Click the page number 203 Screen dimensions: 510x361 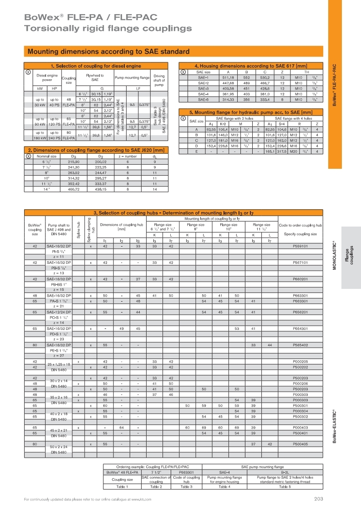[x=318, y=499]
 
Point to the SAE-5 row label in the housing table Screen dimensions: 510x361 [x=203, y=99]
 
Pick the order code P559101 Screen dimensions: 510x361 [x=300, y=246]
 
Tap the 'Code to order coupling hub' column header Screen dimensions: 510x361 [x=300, y=225]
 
